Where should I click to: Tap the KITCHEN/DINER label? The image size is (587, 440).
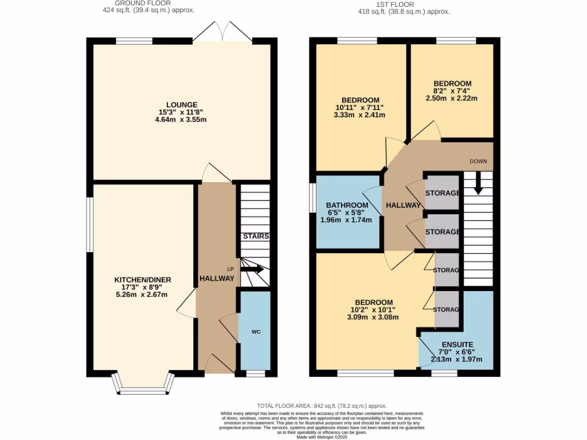click(142, 280)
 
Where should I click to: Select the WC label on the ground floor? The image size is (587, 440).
click(256, 332)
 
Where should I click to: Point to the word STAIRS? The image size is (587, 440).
click(256, 236)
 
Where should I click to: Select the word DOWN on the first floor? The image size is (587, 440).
click(478, 162)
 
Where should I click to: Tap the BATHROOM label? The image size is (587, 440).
click(347, 206)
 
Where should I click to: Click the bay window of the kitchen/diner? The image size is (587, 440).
click(142, 386)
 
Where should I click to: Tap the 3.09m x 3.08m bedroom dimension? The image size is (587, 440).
click(374, 317)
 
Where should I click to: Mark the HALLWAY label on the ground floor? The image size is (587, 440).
click(217, 278)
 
